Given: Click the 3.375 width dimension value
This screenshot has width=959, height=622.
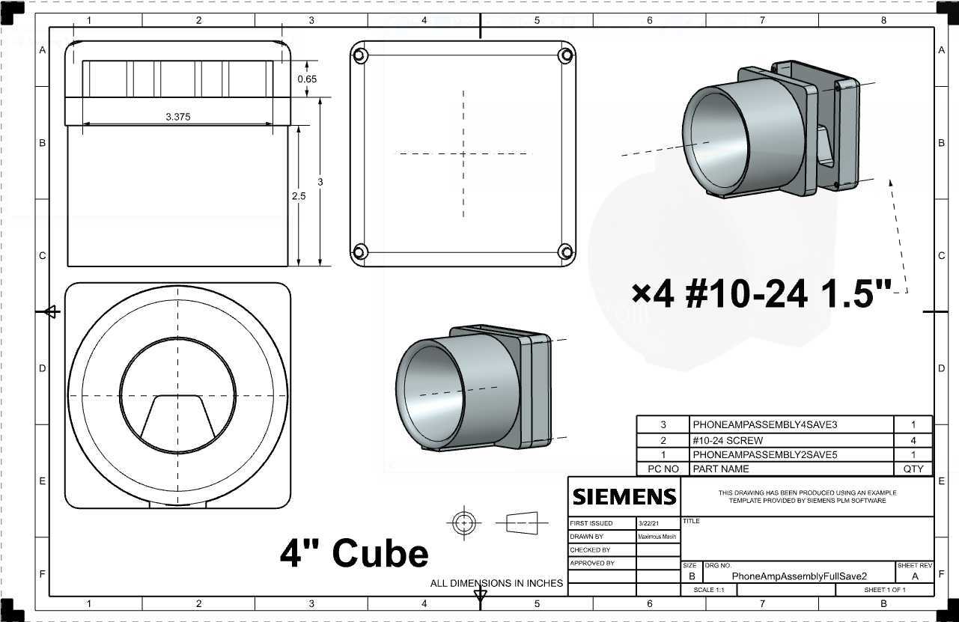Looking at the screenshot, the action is click(x=177, y=117).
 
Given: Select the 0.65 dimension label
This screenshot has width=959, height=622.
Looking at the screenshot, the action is click(x=307, y=79).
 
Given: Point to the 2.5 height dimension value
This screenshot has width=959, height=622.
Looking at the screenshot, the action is click(x=299, y=196).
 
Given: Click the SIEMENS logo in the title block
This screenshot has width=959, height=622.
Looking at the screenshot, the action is click(x=624, y=497).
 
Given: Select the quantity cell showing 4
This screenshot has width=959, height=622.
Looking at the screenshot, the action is click(x=913, y=441).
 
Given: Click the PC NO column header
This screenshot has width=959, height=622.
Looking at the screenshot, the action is click(x=663, y=469).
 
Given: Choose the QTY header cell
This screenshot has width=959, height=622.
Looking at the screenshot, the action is click(x=913, y=469).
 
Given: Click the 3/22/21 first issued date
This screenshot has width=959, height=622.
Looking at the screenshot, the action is click(x=648, y=523).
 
